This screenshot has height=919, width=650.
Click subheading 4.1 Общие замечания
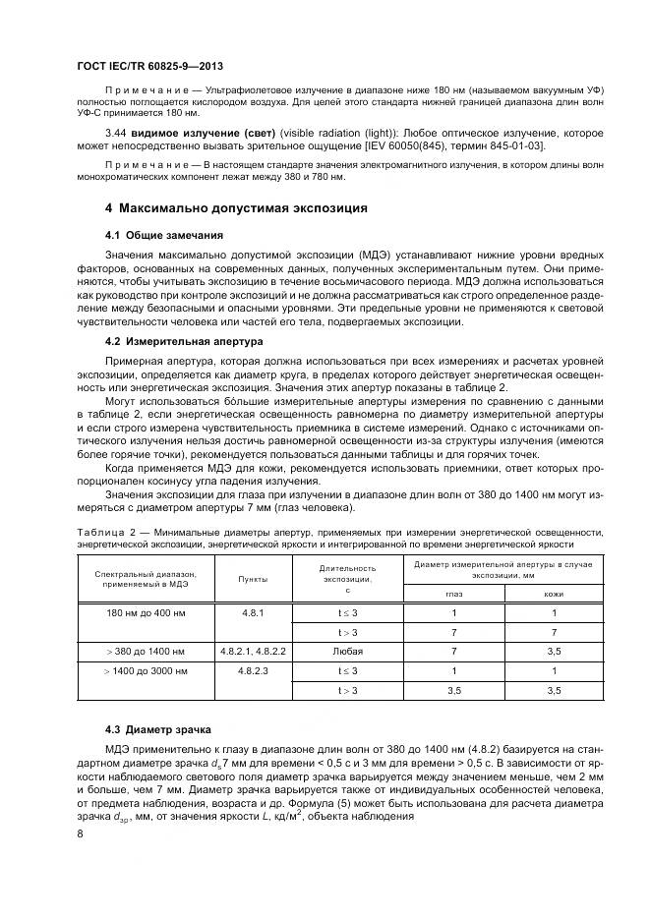pyautogui.click(x=165, y=236)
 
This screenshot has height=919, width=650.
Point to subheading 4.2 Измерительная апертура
pyautogui.click(x=184, y=341)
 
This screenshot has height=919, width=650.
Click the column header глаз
pyautogui.click(x=454, y=593)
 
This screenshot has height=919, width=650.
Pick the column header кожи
pyautogui.click(x=554, y=593)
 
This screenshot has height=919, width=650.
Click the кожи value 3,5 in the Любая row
pyautogui.click(x=554, y=651)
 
